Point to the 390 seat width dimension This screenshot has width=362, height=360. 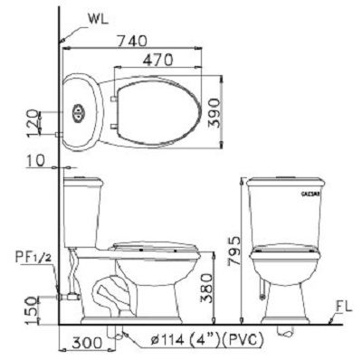pos(214,109)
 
